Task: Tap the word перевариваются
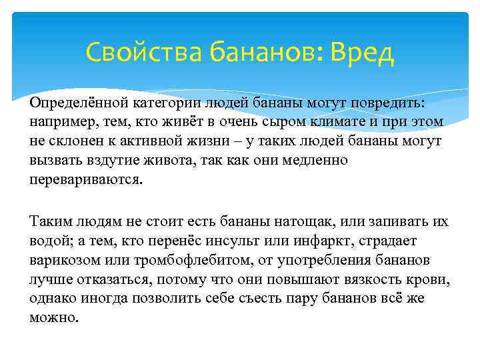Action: (85, 180)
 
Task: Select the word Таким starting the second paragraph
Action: (50, 221)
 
